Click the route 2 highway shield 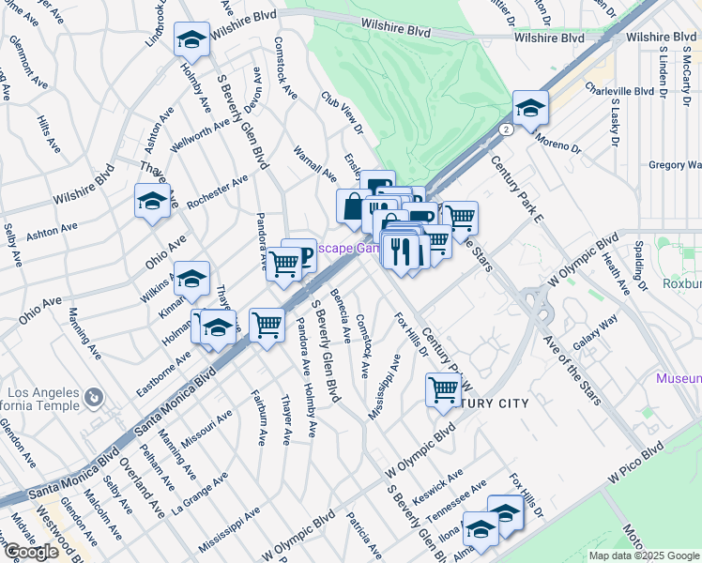tap(506, 129)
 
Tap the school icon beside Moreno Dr tap(530, 109)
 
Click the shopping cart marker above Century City tap(443, 389)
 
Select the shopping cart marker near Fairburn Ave tap(267, 325)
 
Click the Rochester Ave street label tap(217, 191)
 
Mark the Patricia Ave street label tap(361, 533)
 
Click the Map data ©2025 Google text tap(644, 555)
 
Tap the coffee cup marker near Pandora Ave tap(299, 254)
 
